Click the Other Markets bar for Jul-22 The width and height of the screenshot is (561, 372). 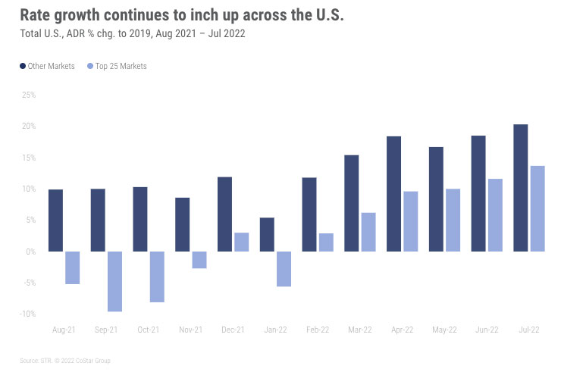click(521, 187)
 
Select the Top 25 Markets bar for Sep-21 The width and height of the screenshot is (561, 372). click(114, 281)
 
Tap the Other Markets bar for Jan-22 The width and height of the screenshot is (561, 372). click(267, 234)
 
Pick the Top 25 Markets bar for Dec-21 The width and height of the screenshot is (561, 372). click(241, 242)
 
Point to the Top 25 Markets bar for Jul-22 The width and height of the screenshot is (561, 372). click(537, 208)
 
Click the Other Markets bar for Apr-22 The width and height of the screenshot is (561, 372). click(393, 193)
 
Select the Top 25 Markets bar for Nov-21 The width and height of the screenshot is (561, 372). click(199, 260)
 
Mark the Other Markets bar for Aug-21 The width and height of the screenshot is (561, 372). click(55, 220)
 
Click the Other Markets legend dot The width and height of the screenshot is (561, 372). click(22, 67)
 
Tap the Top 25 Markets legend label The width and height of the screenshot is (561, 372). click(121, 67)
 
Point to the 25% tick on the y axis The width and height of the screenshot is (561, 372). click(29, 95)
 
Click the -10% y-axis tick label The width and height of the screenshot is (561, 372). click(27, 314)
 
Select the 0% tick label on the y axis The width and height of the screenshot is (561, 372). click(31, 252)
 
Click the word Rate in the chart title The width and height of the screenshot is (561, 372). click(37, 16)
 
